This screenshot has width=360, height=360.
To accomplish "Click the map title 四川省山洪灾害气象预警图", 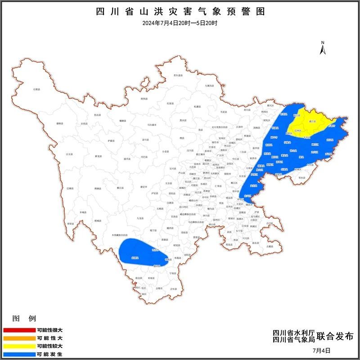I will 180,12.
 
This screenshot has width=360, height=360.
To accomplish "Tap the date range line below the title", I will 180,23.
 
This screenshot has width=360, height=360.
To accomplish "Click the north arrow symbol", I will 322,48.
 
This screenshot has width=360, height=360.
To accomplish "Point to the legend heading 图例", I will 24,319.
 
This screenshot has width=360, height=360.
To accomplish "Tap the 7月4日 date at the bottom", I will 321,350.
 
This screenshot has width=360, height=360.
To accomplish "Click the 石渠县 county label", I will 36,89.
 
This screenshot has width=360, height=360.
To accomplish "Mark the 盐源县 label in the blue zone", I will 134,258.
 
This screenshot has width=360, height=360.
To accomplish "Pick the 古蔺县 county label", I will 269,246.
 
